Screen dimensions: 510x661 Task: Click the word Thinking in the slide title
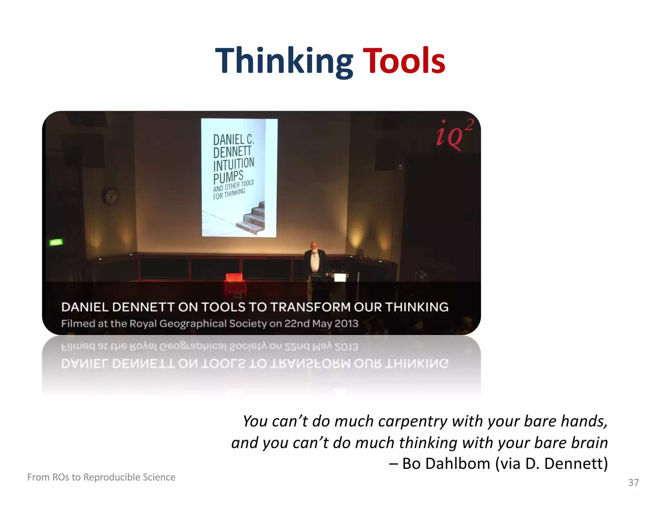[x=284, y=61]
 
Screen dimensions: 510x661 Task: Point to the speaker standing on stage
[x=314, y=264]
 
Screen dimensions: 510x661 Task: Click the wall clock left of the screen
[x=111, y=196]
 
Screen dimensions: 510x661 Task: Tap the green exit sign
[x=56, y=242]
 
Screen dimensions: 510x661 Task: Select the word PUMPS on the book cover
[x=228, y=177]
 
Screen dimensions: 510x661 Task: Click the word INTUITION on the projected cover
[x=234, y=164]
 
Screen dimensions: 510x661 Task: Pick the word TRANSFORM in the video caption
[x=310, y=307]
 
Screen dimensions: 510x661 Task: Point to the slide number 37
[x=633, y=482]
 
